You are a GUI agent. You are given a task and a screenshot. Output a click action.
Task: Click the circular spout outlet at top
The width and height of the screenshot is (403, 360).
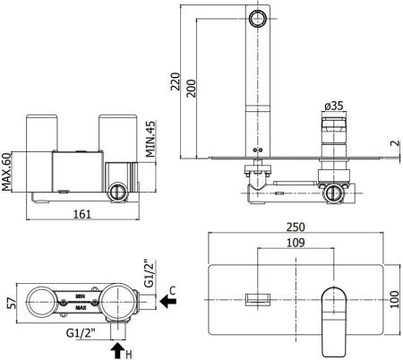258,17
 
